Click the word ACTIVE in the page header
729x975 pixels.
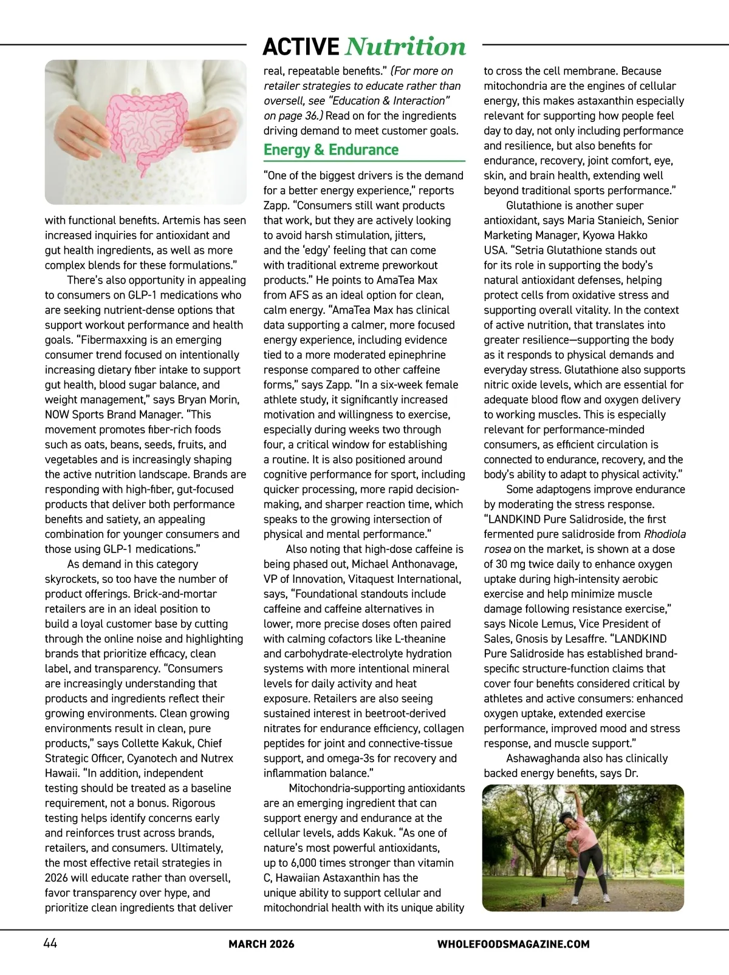(x=301, y=47)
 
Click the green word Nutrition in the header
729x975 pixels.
(x=405, y=47)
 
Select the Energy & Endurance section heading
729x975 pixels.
(x=331, y=150)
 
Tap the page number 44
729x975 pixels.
(x=50, y=943)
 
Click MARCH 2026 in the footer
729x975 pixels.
(x=261, y=944)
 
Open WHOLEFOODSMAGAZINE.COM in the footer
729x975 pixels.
(x=513, y=944)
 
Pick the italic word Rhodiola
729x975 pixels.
(x=665, y=534)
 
